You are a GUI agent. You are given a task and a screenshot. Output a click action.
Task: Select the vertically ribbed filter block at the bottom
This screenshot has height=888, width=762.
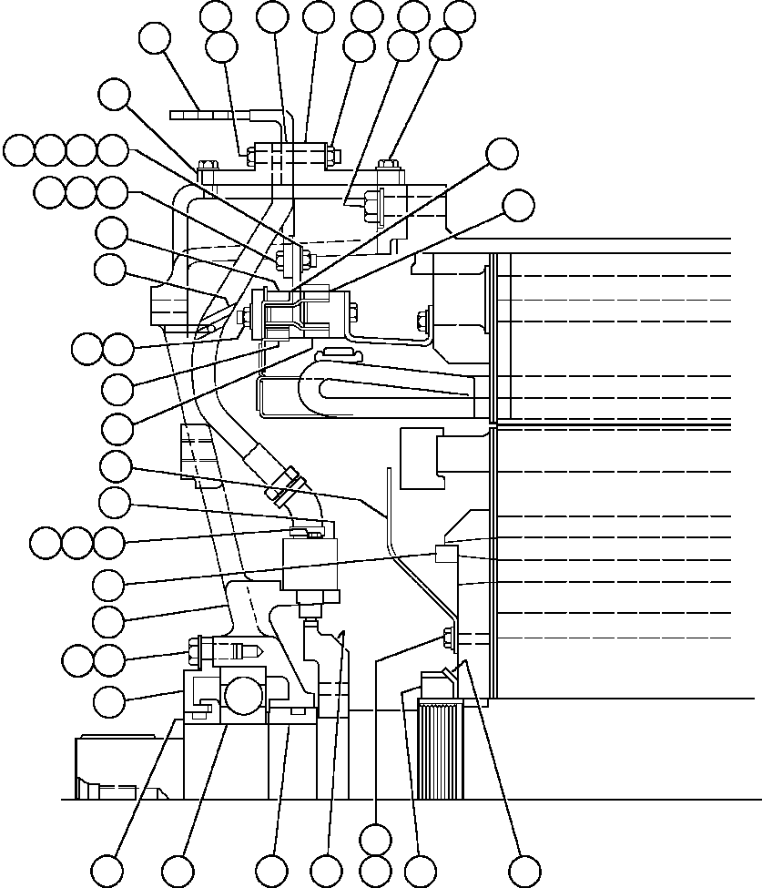point(440,749)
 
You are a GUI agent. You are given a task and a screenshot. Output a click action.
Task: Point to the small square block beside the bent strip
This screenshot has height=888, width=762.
point(445,553)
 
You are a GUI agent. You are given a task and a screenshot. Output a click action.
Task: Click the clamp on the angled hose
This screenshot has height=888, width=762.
point(283,484)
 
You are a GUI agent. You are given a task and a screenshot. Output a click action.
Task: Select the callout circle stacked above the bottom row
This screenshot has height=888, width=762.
point(375,838)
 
